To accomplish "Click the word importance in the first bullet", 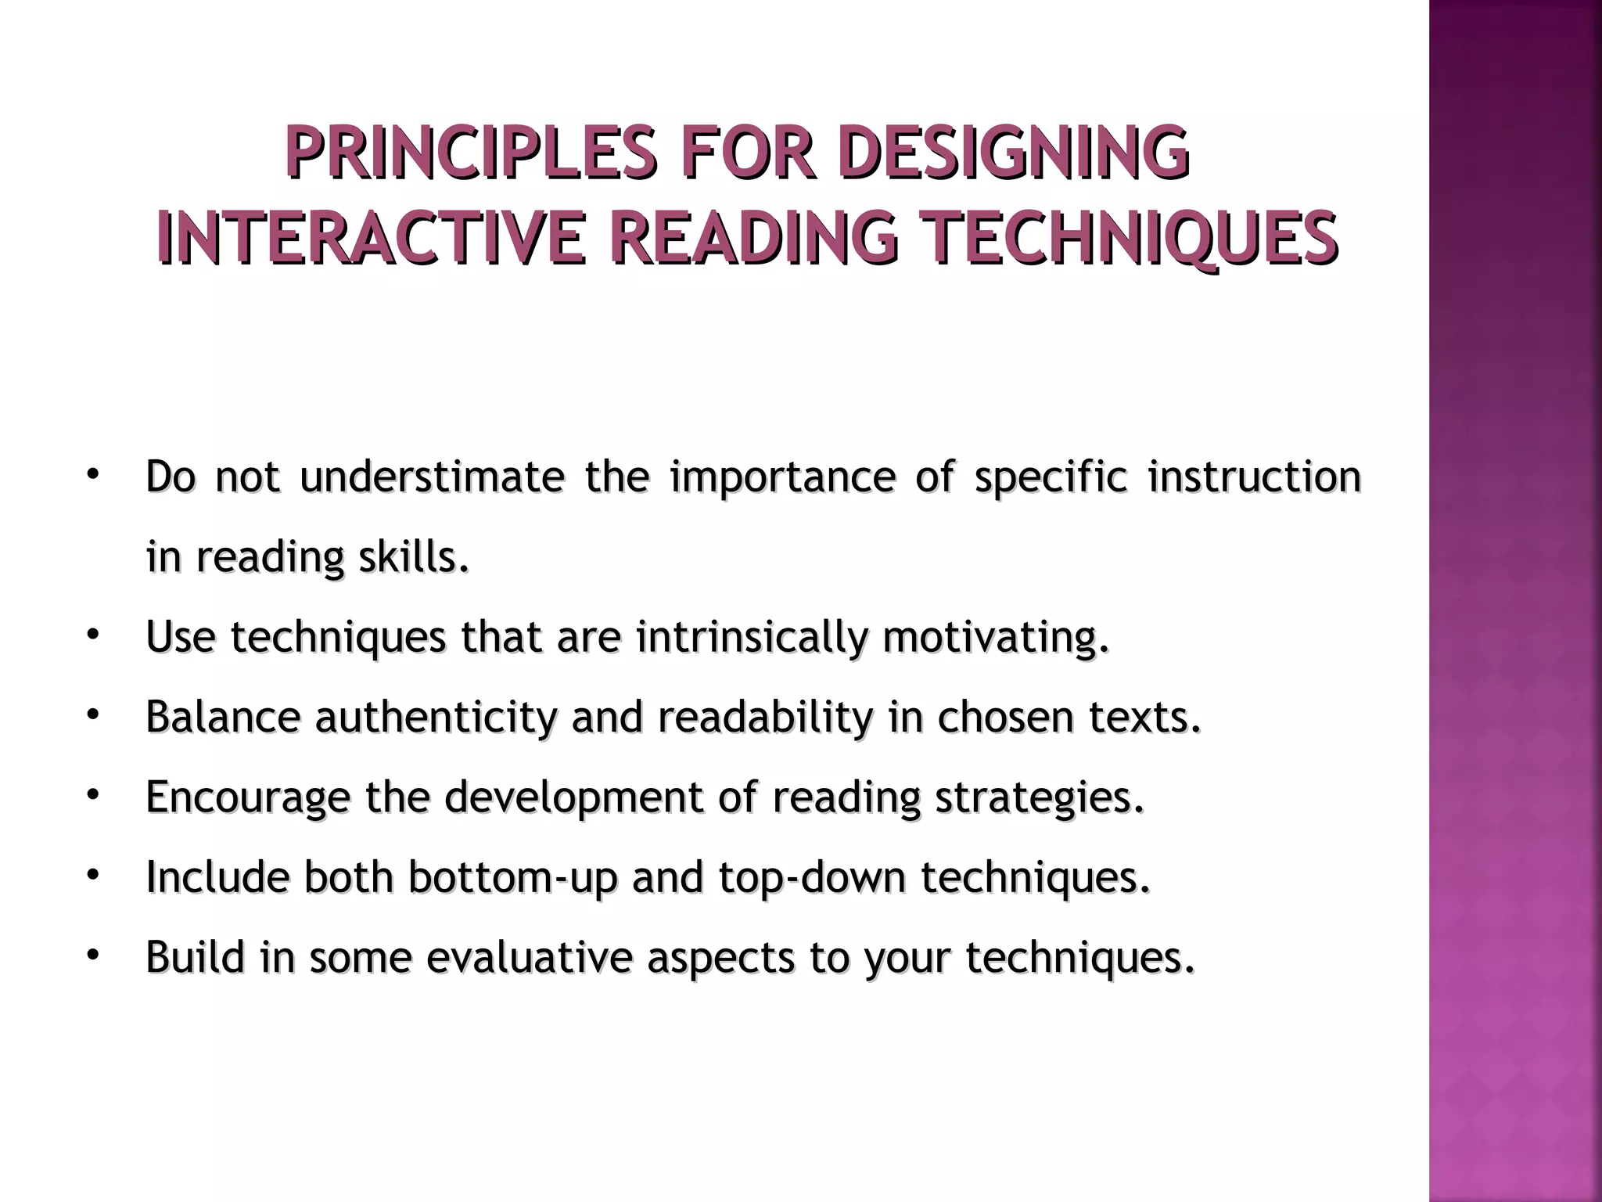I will coord(782,477).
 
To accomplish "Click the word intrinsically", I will coord(752,637).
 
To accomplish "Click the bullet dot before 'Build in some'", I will coord(92,955).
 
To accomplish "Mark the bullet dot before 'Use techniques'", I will coord(92,635).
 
